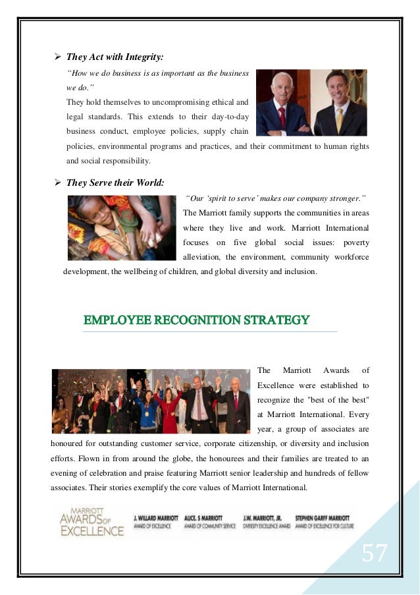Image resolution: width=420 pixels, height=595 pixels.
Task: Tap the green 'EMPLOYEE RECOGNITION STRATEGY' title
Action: tap(196, 321)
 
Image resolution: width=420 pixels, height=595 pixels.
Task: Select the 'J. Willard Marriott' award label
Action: tap(155, 522)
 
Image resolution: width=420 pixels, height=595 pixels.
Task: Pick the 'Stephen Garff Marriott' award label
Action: tap(323, 522)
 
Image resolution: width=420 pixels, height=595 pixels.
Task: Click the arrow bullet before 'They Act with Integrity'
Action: tap(56, 57)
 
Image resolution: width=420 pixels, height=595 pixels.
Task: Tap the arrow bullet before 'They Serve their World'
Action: tap(56, 183)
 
